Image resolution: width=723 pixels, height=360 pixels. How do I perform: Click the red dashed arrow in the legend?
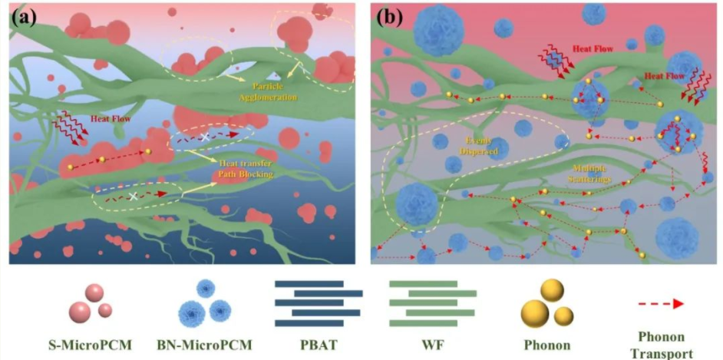click(659, 304)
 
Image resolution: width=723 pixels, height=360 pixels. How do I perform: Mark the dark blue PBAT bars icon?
click(319, 303)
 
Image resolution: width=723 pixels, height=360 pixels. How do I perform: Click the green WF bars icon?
click(432, 303)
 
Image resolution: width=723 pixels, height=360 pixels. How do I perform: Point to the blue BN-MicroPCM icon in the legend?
click(205, 301)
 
